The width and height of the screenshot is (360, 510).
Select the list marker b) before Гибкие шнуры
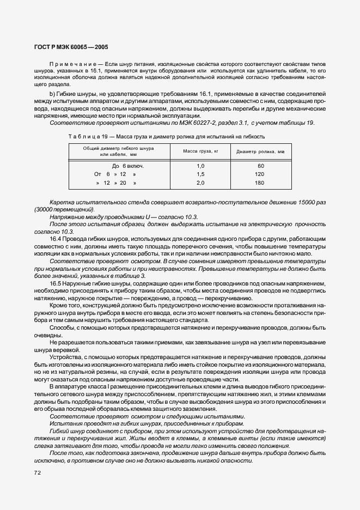[52, 95]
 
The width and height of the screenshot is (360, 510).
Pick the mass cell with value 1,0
[200, 165]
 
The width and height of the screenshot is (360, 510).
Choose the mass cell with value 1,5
[200, 174]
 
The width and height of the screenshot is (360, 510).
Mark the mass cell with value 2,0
[200, 183]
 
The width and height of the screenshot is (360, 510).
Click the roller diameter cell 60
[260, 165]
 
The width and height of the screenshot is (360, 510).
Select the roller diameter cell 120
[260, 174]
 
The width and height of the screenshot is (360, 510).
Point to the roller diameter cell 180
[260, 183]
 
